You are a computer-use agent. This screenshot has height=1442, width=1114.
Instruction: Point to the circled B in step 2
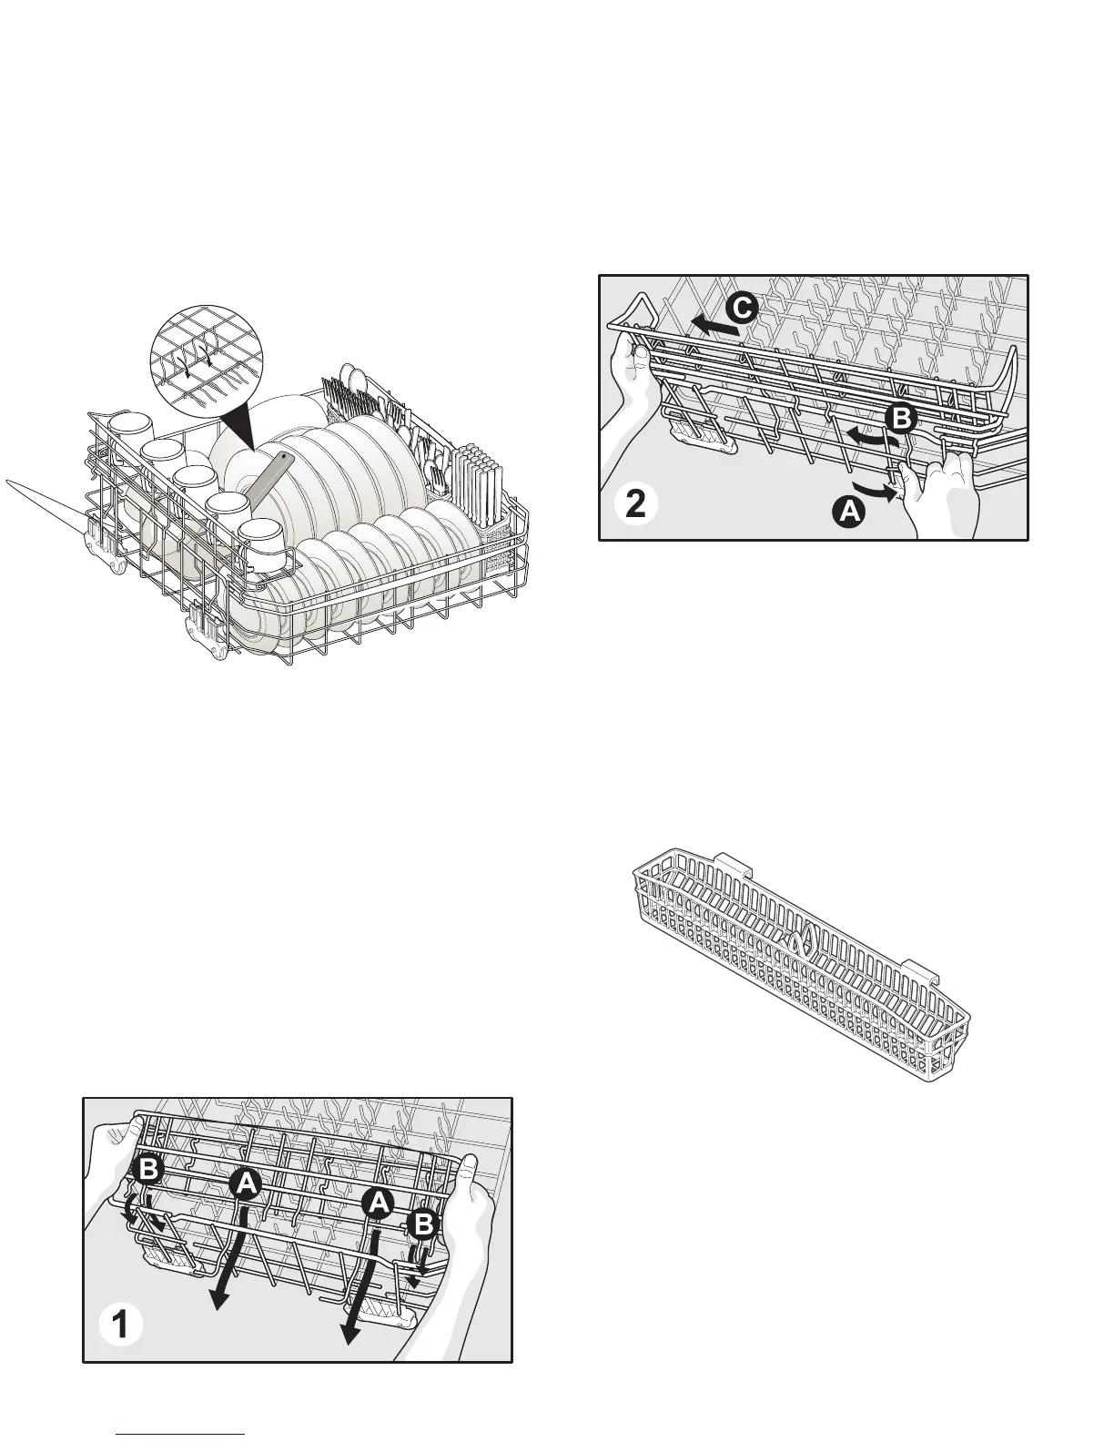coord(899,418)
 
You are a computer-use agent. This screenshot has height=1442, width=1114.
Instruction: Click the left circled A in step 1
coord(244,1183)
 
